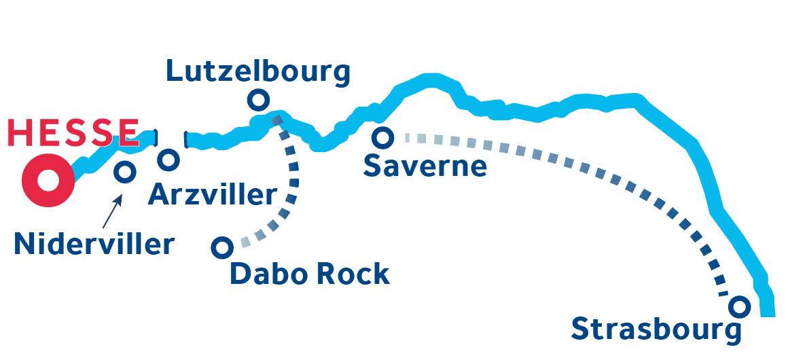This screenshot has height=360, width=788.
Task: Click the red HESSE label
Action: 73,132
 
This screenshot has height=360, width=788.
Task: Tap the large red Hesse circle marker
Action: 48,180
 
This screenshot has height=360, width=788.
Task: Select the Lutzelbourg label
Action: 258,71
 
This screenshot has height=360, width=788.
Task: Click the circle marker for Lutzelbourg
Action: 257,101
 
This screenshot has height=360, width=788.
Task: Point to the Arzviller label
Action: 213,195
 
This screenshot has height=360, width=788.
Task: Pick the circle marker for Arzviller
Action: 168,160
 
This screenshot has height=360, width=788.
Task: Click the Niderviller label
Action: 94,244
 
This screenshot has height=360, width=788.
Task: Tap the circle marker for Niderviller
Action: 124,171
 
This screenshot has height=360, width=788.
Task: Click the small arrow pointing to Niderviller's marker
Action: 112,211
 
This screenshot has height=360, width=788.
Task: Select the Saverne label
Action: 425,166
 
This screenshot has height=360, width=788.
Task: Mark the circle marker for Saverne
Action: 383,138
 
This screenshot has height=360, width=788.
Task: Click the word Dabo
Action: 268,274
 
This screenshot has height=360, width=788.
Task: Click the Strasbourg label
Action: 656,329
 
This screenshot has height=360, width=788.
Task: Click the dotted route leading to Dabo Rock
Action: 293,183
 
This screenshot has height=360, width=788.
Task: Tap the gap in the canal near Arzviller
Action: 171,139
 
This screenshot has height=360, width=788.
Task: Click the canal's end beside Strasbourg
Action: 767,309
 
